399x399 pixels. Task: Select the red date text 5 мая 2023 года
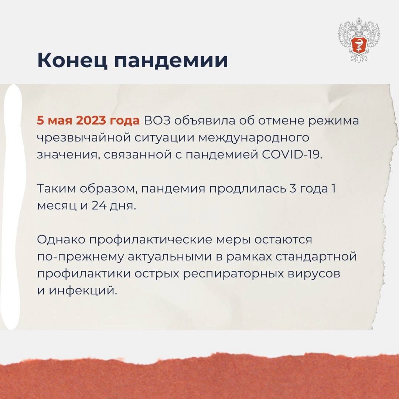pos(88,121)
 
